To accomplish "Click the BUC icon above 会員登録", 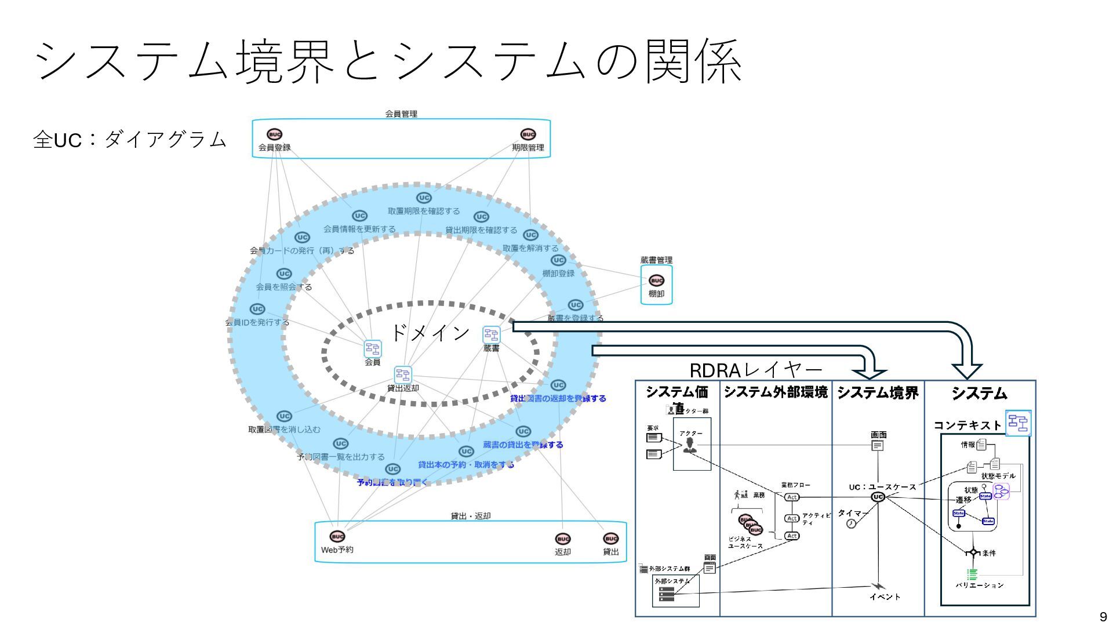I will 274,135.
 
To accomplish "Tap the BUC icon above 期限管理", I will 528,135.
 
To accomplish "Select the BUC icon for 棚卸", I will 656,281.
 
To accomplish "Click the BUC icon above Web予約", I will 337,537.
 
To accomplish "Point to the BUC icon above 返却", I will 562,539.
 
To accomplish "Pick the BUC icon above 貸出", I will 611,539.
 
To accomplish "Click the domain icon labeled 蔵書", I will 491,334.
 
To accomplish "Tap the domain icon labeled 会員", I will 372,348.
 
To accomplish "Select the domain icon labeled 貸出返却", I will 402,374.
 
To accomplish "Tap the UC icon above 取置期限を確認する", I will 424,198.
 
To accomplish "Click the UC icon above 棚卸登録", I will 558,260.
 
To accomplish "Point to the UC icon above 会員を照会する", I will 283,274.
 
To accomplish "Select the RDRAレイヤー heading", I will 755,370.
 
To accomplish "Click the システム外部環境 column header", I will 775,392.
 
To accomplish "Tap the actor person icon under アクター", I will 690,445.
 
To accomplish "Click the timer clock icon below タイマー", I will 851,523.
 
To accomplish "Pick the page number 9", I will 1103,616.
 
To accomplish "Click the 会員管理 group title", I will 401,114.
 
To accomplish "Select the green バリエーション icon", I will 972,574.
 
